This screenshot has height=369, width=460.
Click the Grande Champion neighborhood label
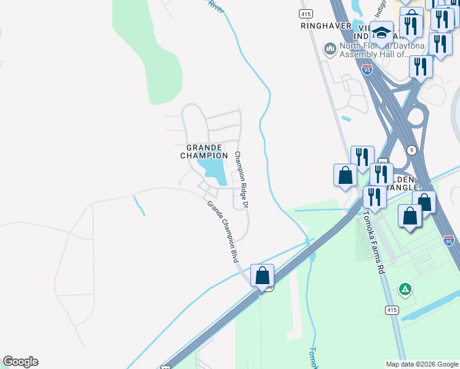click(204, 151)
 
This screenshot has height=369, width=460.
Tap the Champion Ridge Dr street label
click(242, 178)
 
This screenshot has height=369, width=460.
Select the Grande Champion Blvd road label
click(222, 232)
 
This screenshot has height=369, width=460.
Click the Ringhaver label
click(326, 26)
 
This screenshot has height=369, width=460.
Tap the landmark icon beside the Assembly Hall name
click(330, 48)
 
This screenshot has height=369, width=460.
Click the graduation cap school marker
click(381, 33)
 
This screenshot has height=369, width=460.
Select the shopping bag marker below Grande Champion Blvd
click(263, 276)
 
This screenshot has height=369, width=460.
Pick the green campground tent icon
click(405, 288)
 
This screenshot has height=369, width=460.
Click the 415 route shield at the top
click(305, 13)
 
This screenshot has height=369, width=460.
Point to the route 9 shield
click(411, 149)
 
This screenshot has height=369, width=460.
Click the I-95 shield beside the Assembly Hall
click(367, 70)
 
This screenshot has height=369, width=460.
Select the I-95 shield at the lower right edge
click(449, 240)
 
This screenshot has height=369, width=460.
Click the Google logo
click(20, 362)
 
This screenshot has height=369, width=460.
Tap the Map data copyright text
click(422, 364)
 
